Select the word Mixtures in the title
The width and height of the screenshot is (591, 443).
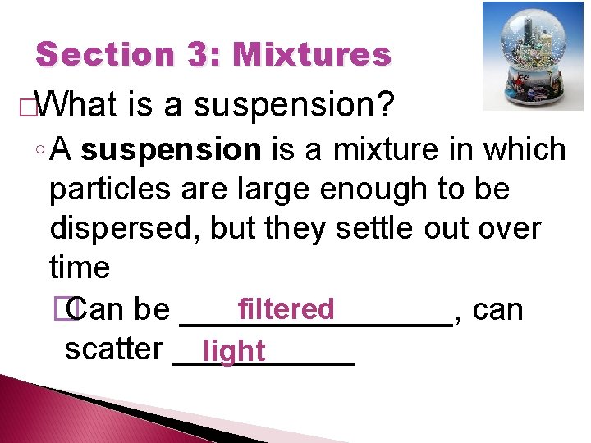pos(312,55)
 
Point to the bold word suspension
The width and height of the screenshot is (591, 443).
pos(171,150)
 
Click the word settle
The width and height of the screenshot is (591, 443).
pos(374,229)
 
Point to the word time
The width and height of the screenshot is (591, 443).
pos(80,267)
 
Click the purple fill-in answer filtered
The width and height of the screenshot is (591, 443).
pos(286,309)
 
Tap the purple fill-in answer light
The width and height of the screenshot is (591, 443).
pos(235,351)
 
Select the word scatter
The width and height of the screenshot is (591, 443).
pos(113,349)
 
